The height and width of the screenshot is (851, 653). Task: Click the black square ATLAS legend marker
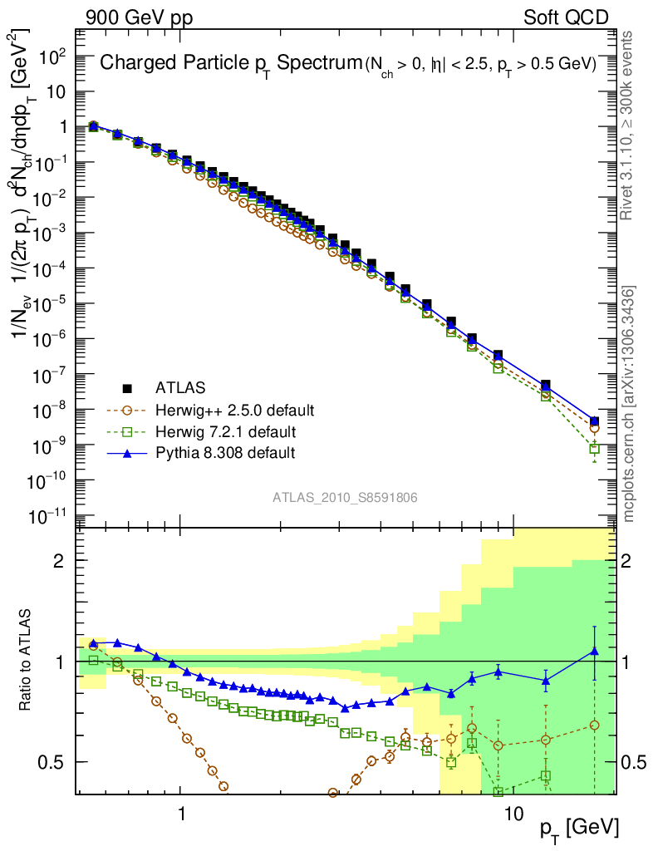pos(127,388)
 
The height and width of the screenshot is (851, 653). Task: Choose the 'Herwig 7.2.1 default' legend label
pos(225,431)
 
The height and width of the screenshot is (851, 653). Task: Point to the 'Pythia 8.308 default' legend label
pos(225,453)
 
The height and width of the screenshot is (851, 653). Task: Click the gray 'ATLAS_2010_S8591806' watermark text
pos(345,498)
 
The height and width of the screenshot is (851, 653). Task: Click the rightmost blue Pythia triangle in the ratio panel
pos(594,652)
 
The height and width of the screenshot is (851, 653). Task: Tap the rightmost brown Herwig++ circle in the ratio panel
pos(594,725)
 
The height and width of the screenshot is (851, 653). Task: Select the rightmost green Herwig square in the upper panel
pos(594,449)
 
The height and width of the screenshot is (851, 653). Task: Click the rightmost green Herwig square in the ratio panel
pos(546,775)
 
